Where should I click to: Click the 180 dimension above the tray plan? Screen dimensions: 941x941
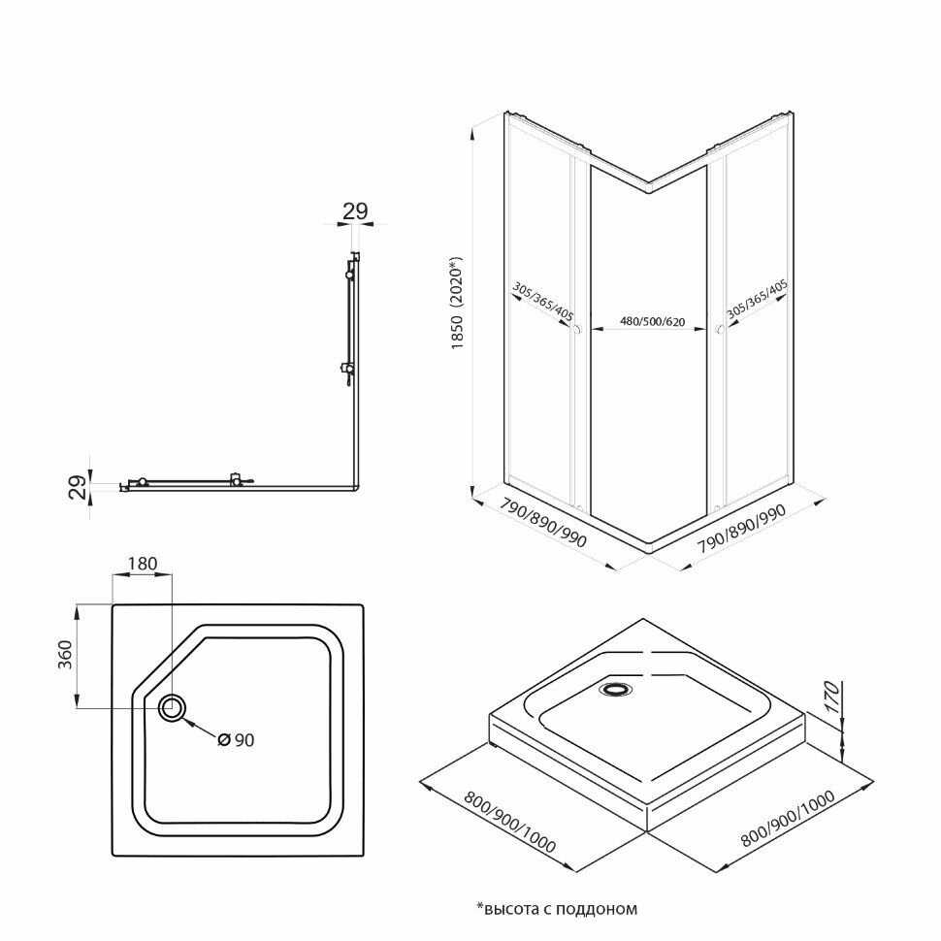[143, 564]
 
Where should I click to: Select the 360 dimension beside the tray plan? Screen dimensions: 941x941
[64, 655]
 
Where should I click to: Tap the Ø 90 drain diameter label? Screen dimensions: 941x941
[236, 740]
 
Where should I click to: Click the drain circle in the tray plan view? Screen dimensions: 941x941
[172, 708]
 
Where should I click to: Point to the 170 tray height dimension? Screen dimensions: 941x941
[831, 698]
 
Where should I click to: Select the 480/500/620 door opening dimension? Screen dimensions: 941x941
[652, 322]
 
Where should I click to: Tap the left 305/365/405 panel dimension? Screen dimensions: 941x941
[543, 302]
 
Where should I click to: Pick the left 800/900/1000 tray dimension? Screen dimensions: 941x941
[510, 822]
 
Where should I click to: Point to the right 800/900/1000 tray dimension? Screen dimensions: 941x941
[788, 819]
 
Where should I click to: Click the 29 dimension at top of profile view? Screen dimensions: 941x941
[355, 211]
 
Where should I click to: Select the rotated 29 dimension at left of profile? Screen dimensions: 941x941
[78, 487]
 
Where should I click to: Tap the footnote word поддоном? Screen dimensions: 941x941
[597, 909]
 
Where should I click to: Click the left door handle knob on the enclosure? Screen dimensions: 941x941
[576, 330]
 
